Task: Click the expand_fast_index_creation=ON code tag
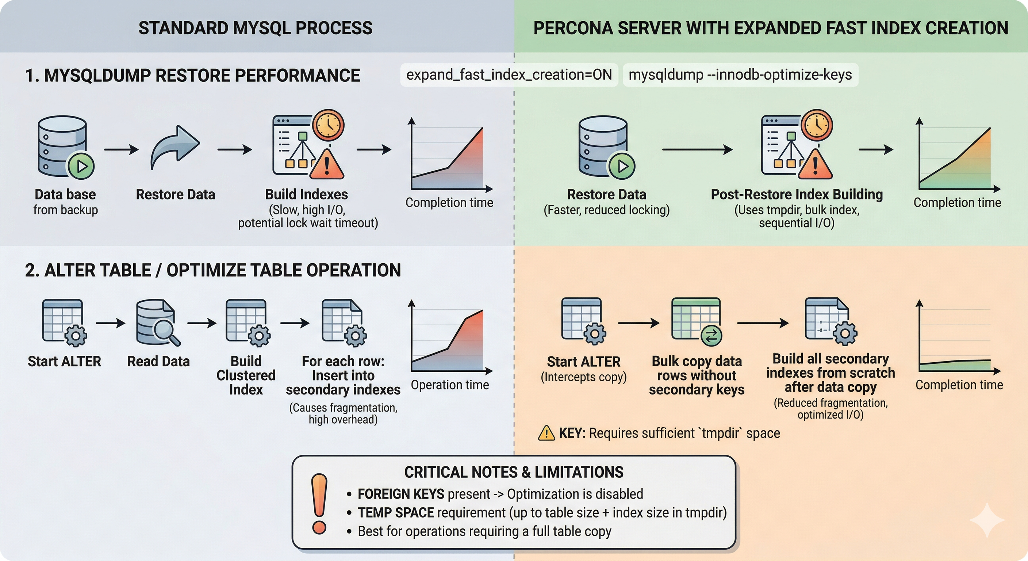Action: click(509, 75)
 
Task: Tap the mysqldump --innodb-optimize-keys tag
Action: click(740, 75)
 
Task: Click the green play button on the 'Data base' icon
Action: click(81, 166)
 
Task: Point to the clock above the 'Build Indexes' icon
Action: click(328, 125)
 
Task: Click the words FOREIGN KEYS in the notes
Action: click(401, 494)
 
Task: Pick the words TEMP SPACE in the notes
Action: click(395, 513)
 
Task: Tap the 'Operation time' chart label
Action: click(450, 385)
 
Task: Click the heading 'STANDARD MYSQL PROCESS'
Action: click(256, 28)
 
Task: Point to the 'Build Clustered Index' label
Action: click(246, 375)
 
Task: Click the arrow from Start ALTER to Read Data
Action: click(111, 323)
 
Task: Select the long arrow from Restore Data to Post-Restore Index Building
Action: click(697, 150)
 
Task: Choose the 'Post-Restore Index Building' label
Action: click(797, 194)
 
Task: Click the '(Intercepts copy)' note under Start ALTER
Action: click(583, 377)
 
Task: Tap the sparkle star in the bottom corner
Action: click(986, 519)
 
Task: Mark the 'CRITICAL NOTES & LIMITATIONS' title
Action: click(514, 472)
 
